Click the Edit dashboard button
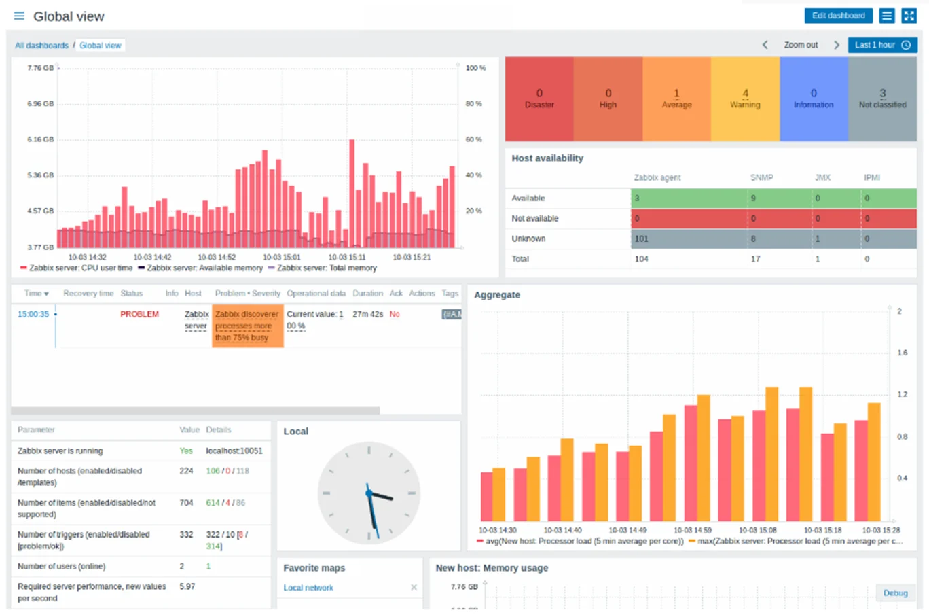pyautogui.click(x=838, y=16)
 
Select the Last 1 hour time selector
pyautogui.click(x=882, y=45)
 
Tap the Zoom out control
pyautogui.click(x=801, y=45)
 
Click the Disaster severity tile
pyautogui.click(x=539, y=99)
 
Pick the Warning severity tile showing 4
pyautogui.click(x=745, y=99)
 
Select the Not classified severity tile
pyautogui.click(x=882, y=99)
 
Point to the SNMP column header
pyautogui.click(x=761, y=177)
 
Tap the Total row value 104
pyautogui.click(x=641, y=259)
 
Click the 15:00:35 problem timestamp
pyautogui.click(x=33, y=314)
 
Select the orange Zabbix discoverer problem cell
pyautogui.click(x=247, y=326)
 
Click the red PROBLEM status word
pyautogui.click(x=139, y=314)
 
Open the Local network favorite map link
pyautogui.click(x=308, y=588)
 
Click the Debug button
pyautogui.click(x=895, y=593)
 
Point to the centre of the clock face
pyautogui.click(x=369, y=493)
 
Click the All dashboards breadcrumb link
pyautogui.click(x=42, y=46)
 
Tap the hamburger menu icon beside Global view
pyautogui.click(x=19, y=16)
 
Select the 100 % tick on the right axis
pyautogui.click(x=475, y=68)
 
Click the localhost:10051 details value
pyautogui.click(x=234, y=451)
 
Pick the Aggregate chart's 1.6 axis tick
pyautogui.click(x=902, y=353)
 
